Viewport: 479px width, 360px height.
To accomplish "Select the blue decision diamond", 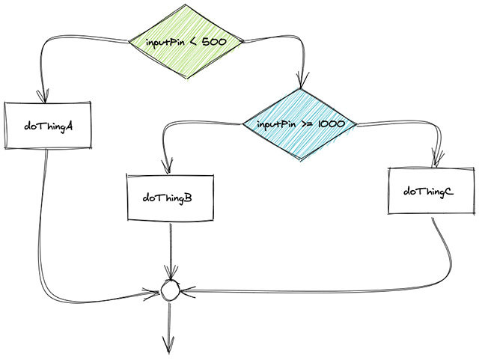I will click(300, 123).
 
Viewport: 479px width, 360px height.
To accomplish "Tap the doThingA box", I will click(48, 125).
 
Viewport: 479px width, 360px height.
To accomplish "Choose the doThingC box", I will click(428, 192).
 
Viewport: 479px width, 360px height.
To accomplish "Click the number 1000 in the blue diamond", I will click(330, 124).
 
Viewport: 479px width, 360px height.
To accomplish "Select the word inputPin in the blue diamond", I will click(277, 124).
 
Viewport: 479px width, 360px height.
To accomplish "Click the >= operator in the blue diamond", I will click(307, 124).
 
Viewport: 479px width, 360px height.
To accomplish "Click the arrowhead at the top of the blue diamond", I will click(301, 82).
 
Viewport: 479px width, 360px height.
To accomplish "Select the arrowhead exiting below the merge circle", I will click(168, 346).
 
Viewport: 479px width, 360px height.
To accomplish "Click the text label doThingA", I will click(48, 126).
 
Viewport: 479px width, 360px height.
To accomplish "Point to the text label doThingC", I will click(428, 192).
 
